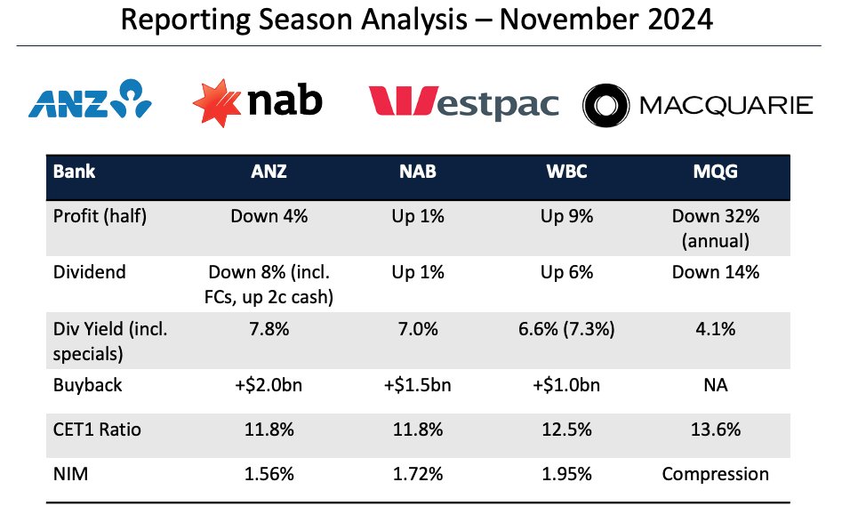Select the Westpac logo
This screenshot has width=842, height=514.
point(463,105)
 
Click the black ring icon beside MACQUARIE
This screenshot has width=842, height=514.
point(606,105)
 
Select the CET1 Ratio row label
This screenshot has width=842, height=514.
point(97,430)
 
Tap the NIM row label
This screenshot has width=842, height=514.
point(69,473)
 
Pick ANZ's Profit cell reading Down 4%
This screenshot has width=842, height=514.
point(269,215)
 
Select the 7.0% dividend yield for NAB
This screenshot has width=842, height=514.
point(417,331)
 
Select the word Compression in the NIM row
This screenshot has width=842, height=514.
point(715,473)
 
